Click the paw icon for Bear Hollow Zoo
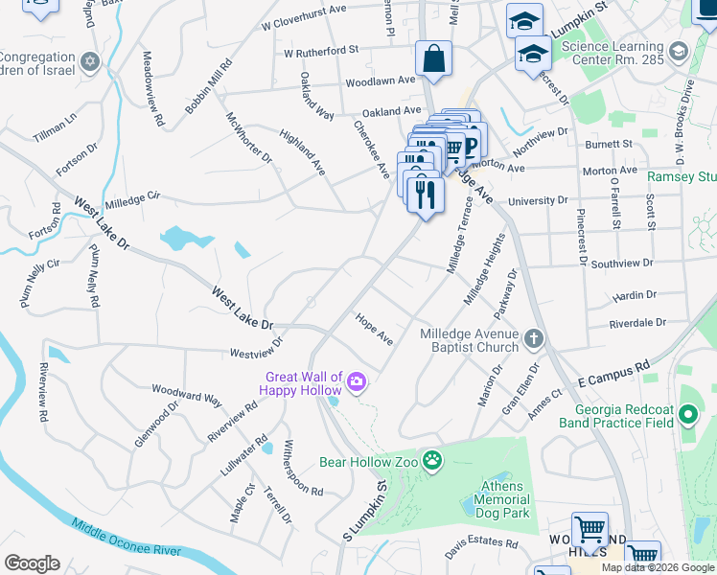pos(433,462)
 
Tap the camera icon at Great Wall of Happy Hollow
pos(357,383)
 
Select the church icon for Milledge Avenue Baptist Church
pos(534,338)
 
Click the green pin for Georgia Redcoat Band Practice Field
pos(686,415)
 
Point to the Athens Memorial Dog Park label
pos(501,499)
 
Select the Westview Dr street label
pos(256,348)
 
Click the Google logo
pos(32,563)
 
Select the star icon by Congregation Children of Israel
pos(90,62)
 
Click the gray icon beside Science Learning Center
pos(679,51)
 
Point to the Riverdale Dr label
pos(637,324)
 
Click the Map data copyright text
pos(658,567)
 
